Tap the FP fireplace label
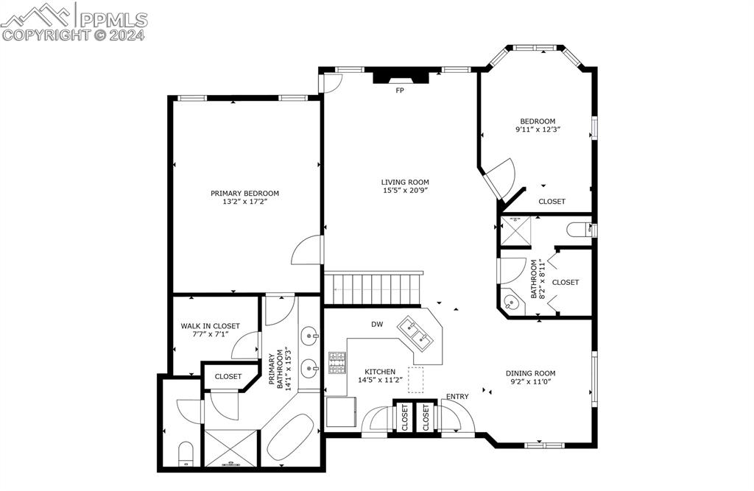click(400, 91)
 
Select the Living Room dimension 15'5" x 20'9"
click(404, 191)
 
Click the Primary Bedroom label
click(244, 193)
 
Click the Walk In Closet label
click(210, 325)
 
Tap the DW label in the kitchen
click(376, 324)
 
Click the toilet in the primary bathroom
click(186, 453)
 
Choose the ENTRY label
click(457, 397)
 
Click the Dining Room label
click(530, 372)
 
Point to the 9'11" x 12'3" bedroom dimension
click(538, 130)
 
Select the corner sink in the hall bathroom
click(512, 303)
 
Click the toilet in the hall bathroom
click(579, 230)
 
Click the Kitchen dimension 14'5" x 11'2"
click(380, 380)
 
